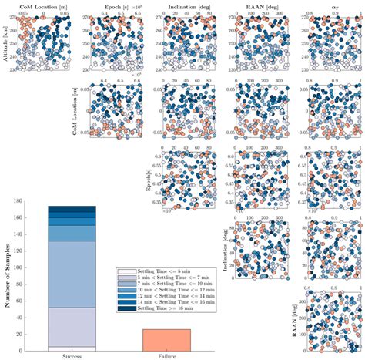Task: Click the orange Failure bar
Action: pos(166,339)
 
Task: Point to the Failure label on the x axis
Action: pos(166,355)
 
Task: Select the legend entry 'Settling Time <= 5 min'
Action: pos(153,272)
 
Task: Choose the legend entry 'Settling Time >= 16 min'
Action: pos(153,309)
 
